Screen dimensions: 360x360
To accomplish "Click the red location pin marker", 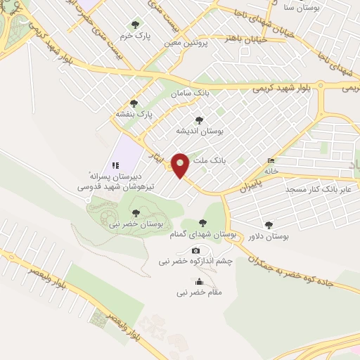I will coord(180,165).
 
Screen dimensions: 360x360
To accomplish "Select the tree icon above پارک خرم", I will coord(136,25).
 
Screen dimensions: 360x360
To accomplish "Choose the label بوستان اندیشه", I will coord(200,131).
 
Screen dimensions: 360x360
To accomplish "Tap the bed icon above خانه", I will coord(271,160).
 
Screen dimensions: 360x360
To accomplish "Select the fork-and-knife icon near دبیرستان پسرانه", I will coord(113,165).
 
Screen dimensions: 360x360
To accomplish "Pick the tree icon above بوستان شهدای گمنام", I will coord(202,223).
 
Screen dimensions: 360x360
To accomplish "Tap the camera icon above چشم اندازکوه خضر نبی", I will coord(195,250).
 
